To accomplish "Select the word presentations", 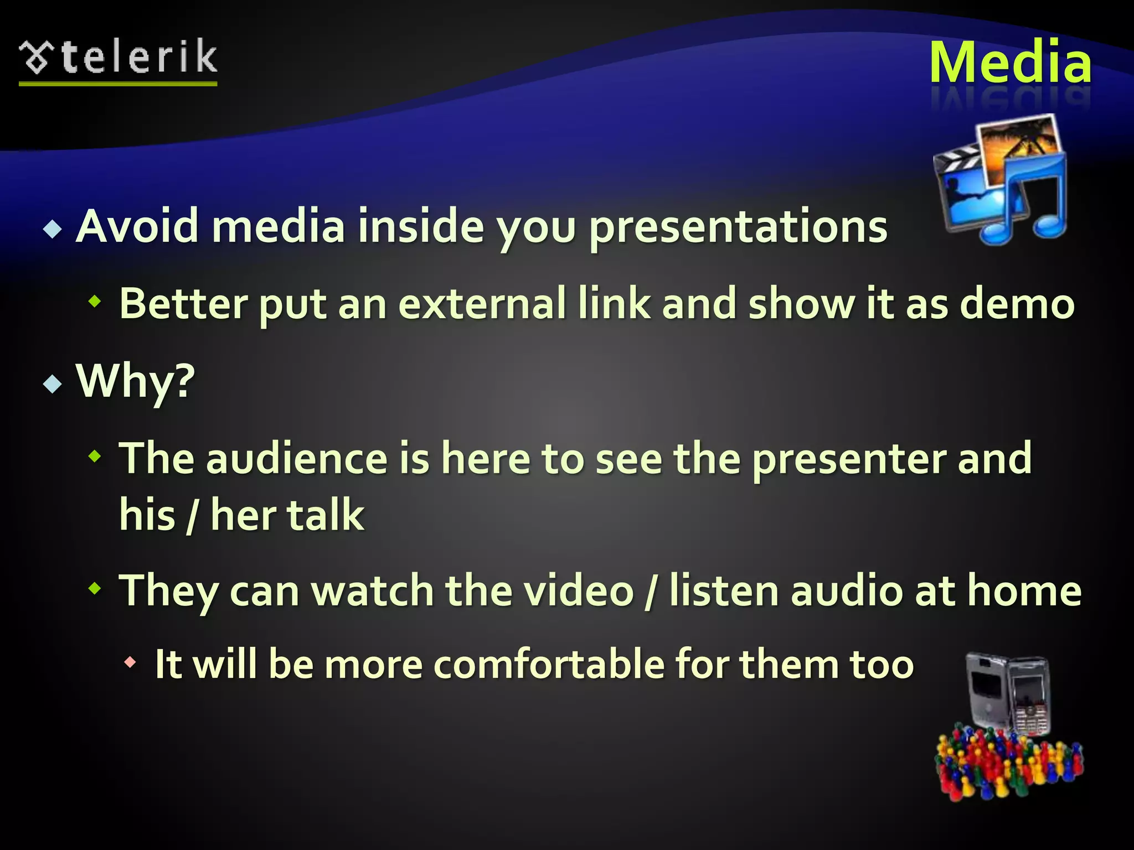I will coord(738,227).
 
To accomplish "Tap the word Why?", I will coord(136,381).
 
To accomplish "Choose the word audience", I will coord(297,458).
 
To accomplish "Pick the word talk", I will coord(325,515).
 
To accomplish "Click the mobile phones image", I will coord(1008,694).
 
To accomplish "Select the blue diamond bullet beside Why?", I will coord(53,383).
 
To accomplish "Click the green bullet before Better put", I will coord(96,302).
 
